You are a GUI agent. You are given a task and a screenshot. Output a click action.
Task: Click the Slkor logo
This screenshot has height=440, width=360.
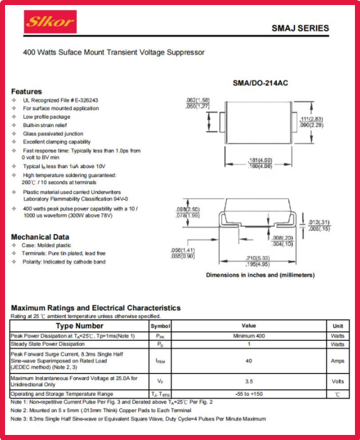[50, 21]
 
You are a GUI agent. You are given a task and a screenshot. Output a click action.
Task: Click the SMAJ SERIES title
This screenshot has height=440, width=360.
[300, 28]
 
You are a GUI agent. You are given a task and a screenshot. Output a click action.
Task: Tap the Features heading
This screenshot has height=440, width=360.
[27, 92]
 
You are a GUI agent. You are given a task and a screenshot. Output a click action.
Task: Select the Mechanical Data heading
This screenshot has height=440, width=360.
[40, 237]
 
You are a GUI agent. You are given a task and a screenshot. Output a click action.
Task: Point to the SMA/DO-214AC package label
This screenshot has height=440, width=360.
[260, 83]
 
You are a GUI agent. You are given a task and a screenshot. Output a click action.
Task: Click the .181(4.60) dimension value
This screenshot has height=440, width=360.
[260, 160]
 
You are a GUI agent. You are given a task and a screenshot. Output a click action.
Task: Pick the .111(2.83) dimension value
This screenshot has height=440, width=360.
[311, 119]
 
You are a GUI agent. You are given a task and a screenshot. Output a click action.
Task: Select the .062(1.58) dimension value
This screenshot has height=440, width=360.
[198, 100]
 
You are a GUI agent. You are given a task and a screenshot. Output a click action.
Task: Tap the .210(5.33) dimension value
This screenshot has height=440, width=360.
[258, 258]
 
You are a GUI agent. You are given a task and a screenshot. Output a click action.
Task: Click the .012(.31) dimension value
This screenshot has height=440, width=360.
[319, 223]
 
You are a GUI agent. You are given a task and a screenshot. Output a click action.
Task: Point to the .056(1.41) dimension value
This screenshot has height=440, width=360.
[183, 250]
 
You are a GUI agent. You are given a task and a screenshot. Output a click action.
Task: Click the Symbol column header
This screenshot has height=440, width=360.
[160, 326]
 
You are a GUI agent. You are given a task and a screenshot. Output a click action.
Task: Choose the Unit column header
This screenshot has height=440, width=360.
[337, 326]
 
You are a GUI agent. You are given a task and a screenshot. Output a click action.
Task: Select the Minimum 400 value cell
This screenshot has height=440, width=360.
[249, 336]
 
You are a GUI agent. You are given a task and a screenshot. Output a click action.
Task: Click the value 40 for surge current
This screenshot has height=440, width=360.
[249, 361]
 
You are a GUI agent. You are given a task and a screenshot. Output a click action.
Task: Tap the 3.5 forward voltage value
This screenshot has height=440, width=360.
[249, 381]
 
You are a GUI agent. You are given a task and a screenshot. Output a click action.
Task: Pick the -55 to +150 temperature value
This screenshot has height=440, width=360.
[249, 394]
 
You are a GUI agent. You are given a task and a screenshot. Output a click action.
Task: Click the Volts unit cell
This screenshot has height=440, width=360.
[337, 381]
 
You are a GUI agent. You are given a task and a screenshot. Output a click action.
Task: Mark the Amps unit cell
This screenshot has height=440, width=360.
[337, 361]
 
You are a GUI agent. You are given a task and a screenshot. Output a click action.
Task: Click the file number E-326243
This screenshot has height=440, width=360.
[87, 100]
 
